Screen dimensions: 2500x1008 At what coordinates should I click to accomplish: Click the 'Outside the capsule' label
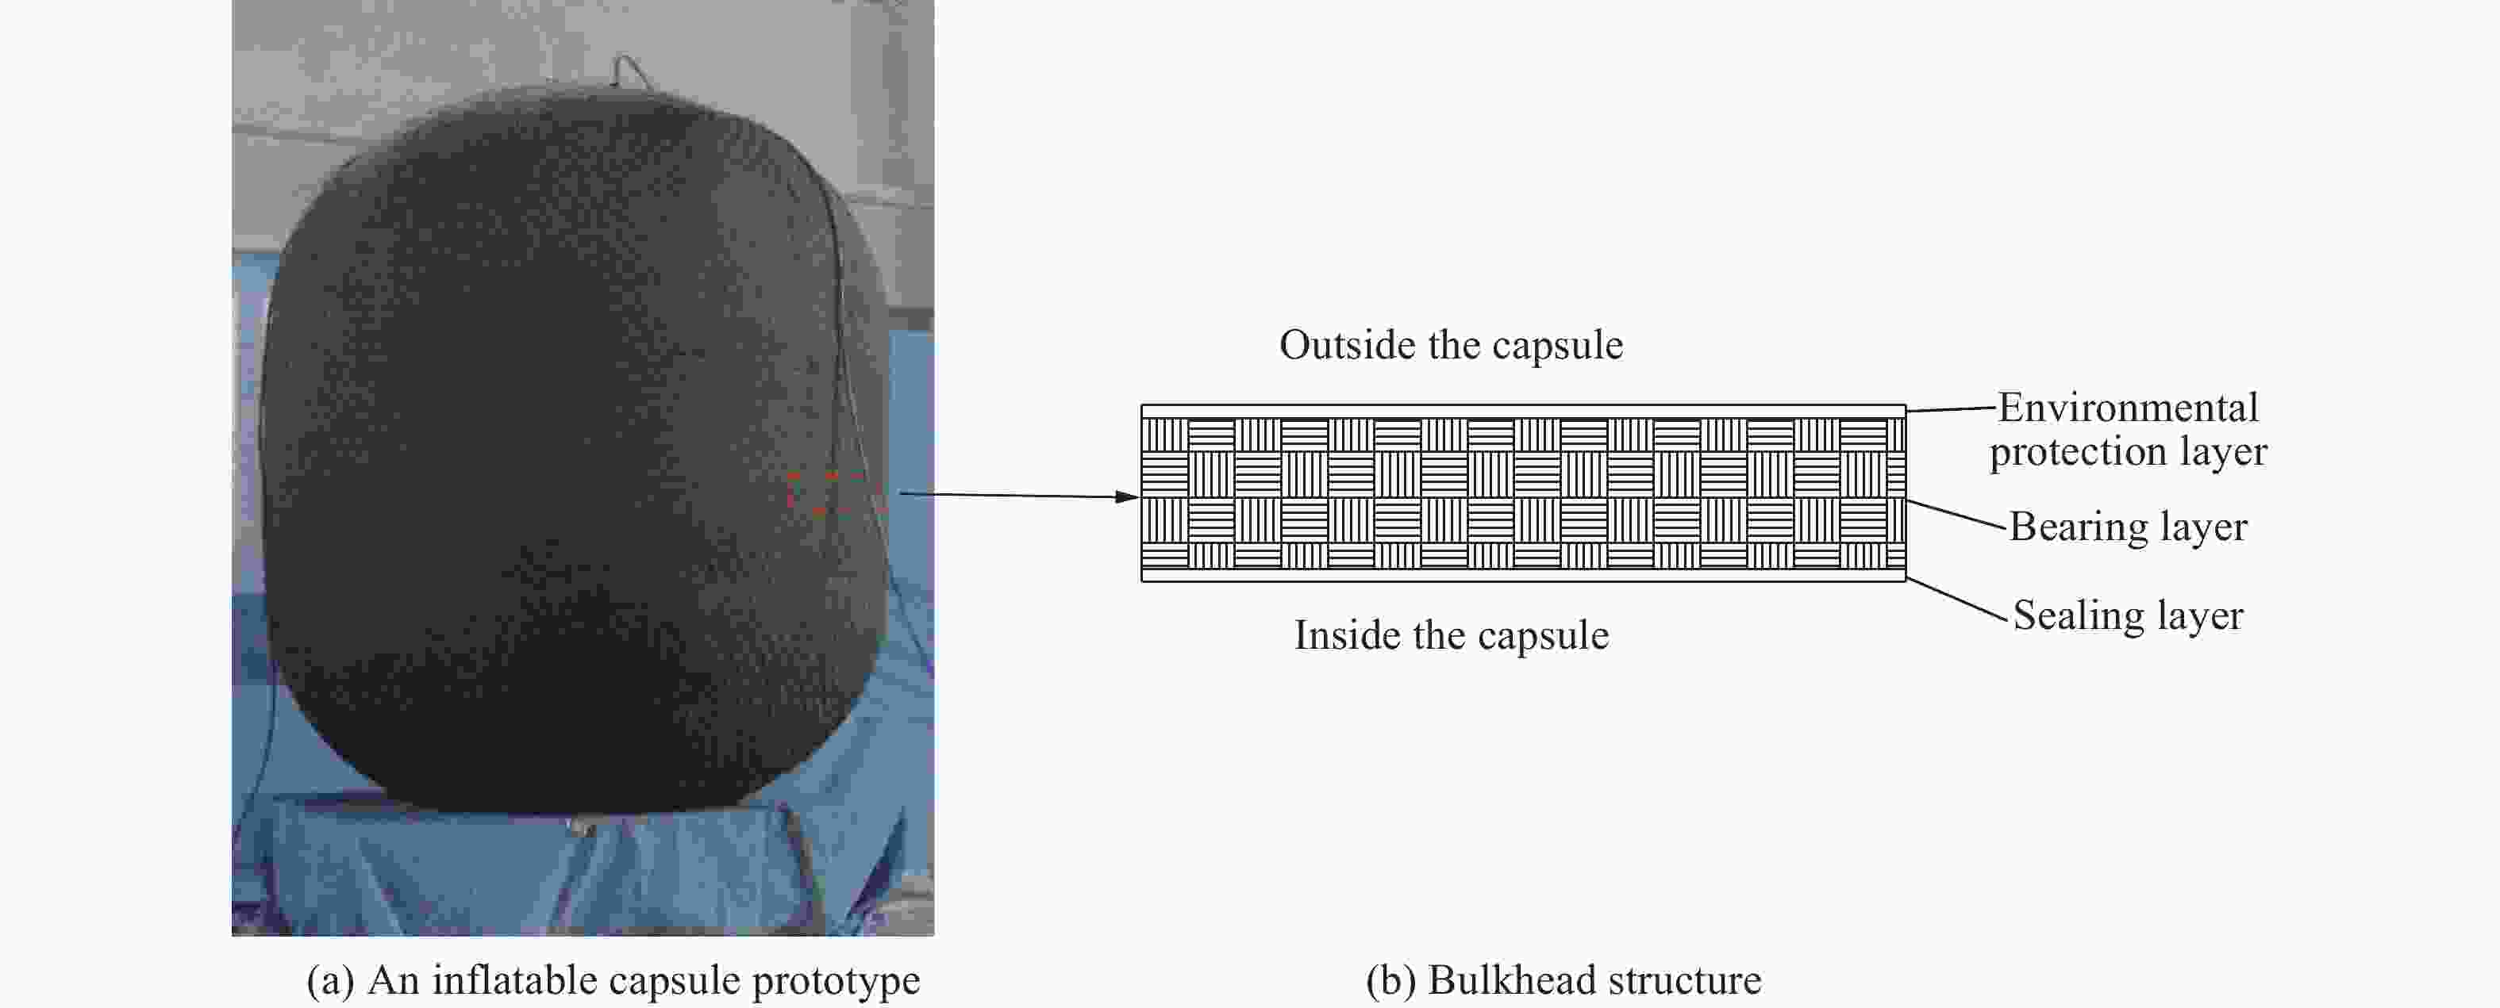tap(1451, 345)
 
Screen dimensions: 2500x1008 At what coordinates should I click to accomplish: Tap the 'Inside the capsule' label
tap(1452, 635)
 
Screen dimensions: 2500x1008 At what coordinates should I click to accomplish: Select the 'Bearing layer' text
tap(2129, 527)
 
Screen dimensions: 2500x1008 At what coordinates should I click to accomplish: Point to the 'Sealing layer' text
tap(2129, 616)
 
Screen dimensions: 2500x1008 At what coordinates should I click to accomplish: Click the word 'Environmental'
tap(2129, 408)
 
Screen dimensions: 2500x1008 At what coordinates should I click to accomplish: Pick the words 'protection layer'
tap(2129, 452)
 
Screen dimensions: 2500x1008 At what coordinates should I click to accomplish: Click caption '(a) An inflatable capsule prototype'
tap(613, 980)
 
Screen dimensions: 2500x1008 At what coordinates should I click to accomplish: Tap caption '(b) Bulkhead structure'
tap(1563, 980)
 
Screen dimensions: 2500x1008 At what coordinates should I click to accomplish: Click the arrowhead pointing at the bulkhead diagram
tap(1128, 496)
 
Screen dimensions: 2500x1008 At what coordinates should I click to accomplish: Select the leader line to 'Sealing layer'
tap(1956, 599)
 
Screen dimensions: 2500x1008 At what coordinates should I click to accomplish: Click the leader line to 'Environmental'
tap(1951, 409)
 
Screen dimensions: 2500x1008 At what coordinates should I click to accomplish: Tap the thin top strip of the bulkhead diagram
tap(1524, 412)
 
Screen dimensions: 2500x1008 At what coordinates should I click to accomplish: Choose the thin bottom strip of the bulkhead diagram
tap(1524, 574)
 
